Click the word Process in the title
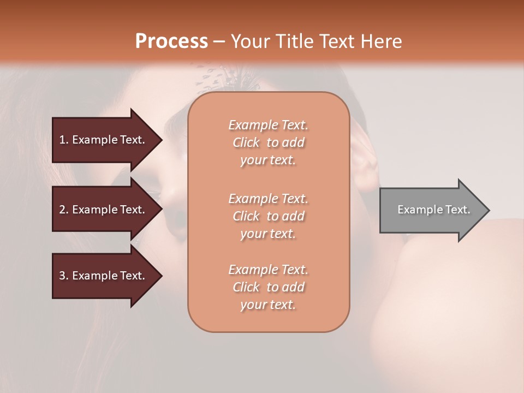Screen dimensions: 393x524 point(171,41)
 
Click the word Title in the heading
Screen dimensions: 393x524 point(294,41)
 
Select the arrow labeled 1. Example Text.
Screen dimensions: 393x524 point(104,140)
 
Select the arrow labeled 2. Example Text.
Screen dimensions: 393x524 point(104,210)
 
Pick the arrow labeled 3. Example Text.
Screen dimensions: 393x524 point(104,276)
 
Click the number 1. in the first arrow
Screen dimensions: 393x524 point(64,140)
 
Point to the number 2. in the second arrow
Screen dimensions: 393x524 point(64,210)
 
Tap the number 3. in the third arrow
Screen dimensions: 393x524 point(64,276)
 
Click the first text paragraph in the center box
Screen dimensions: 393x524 point(269,142)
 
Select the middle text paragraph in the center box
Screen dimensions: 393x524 point(269,216)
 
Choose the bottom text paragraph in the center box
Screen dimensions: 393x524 point(269,287)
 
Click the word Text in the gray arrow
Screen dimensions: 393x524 point(457,210)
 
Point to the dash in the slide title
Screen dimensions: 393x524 point(219,41)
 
